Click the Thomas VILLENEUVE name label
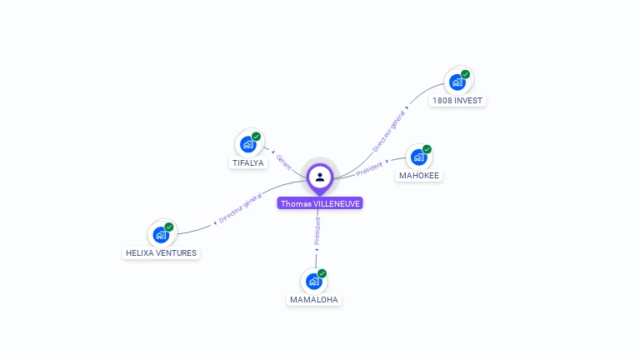pyautogui.click(x=321, y=203)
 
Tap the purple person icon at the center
pyautogui.click(x=320, y=177)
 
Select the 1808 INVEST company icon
pyautogui.click(x=457, y=82)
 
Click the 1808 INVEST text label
pyautogui.click(x=457, y=101)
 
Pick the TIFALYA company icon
pyautogui.click(x=247, y=144)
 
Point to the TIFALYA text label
pyautogui.click(x=247, y=163)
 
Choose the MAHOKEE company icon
pyautogui.click(x=419, y=157)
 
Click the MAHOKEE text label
pyautogui.click(x=419, y=176)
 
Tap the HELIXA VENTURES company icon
pyautogui.click(x=161, y=234)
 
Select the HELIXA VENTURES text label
pyautogui.click(x=162, y=253)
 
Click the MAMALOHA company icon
pyautogui.click(x=314, y=281)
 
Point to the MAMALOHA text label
pyautogui.click(x=315, y=300)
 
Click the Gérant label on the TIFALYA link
pyautogui.click(x=283, y=162)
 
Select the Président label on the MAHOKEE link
pyautogui.click(x=369, y=169)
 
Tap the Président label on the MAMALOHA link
pyautogui.click(x=317, y=231)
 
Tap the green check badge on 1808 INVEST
pyautogui.click(x=466, y=74)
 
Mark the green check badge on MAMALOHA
pyautogui.click(x=322, y=273)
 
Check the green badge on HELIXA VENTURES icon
pyautogui.click(x=169, y=227)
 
